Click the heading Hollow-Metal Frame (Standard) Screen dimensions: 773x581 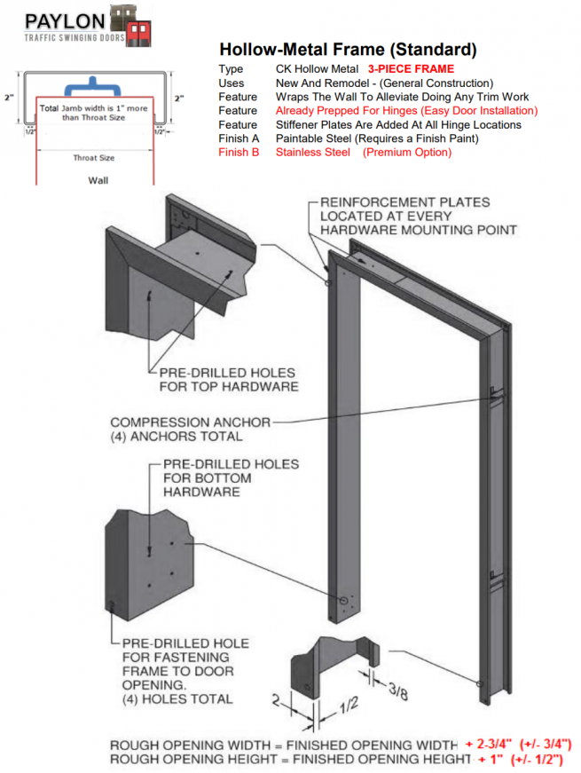[348, 49]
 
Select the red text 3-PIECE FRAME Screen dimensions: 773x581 [411, 68]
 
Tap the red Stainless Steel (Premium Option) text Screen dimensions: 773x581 [363, 153]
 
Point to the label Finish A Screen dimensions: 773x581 [237, 138]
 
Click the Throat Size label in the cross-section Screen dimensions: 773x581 [93, 158]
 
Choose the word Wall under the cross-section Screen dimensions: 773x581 [98, 178]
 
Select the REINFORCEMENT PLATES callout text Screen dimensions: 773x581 [404, 217]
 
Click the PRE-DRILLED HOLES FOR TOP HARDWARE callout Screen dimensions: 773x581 [228, 380]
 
